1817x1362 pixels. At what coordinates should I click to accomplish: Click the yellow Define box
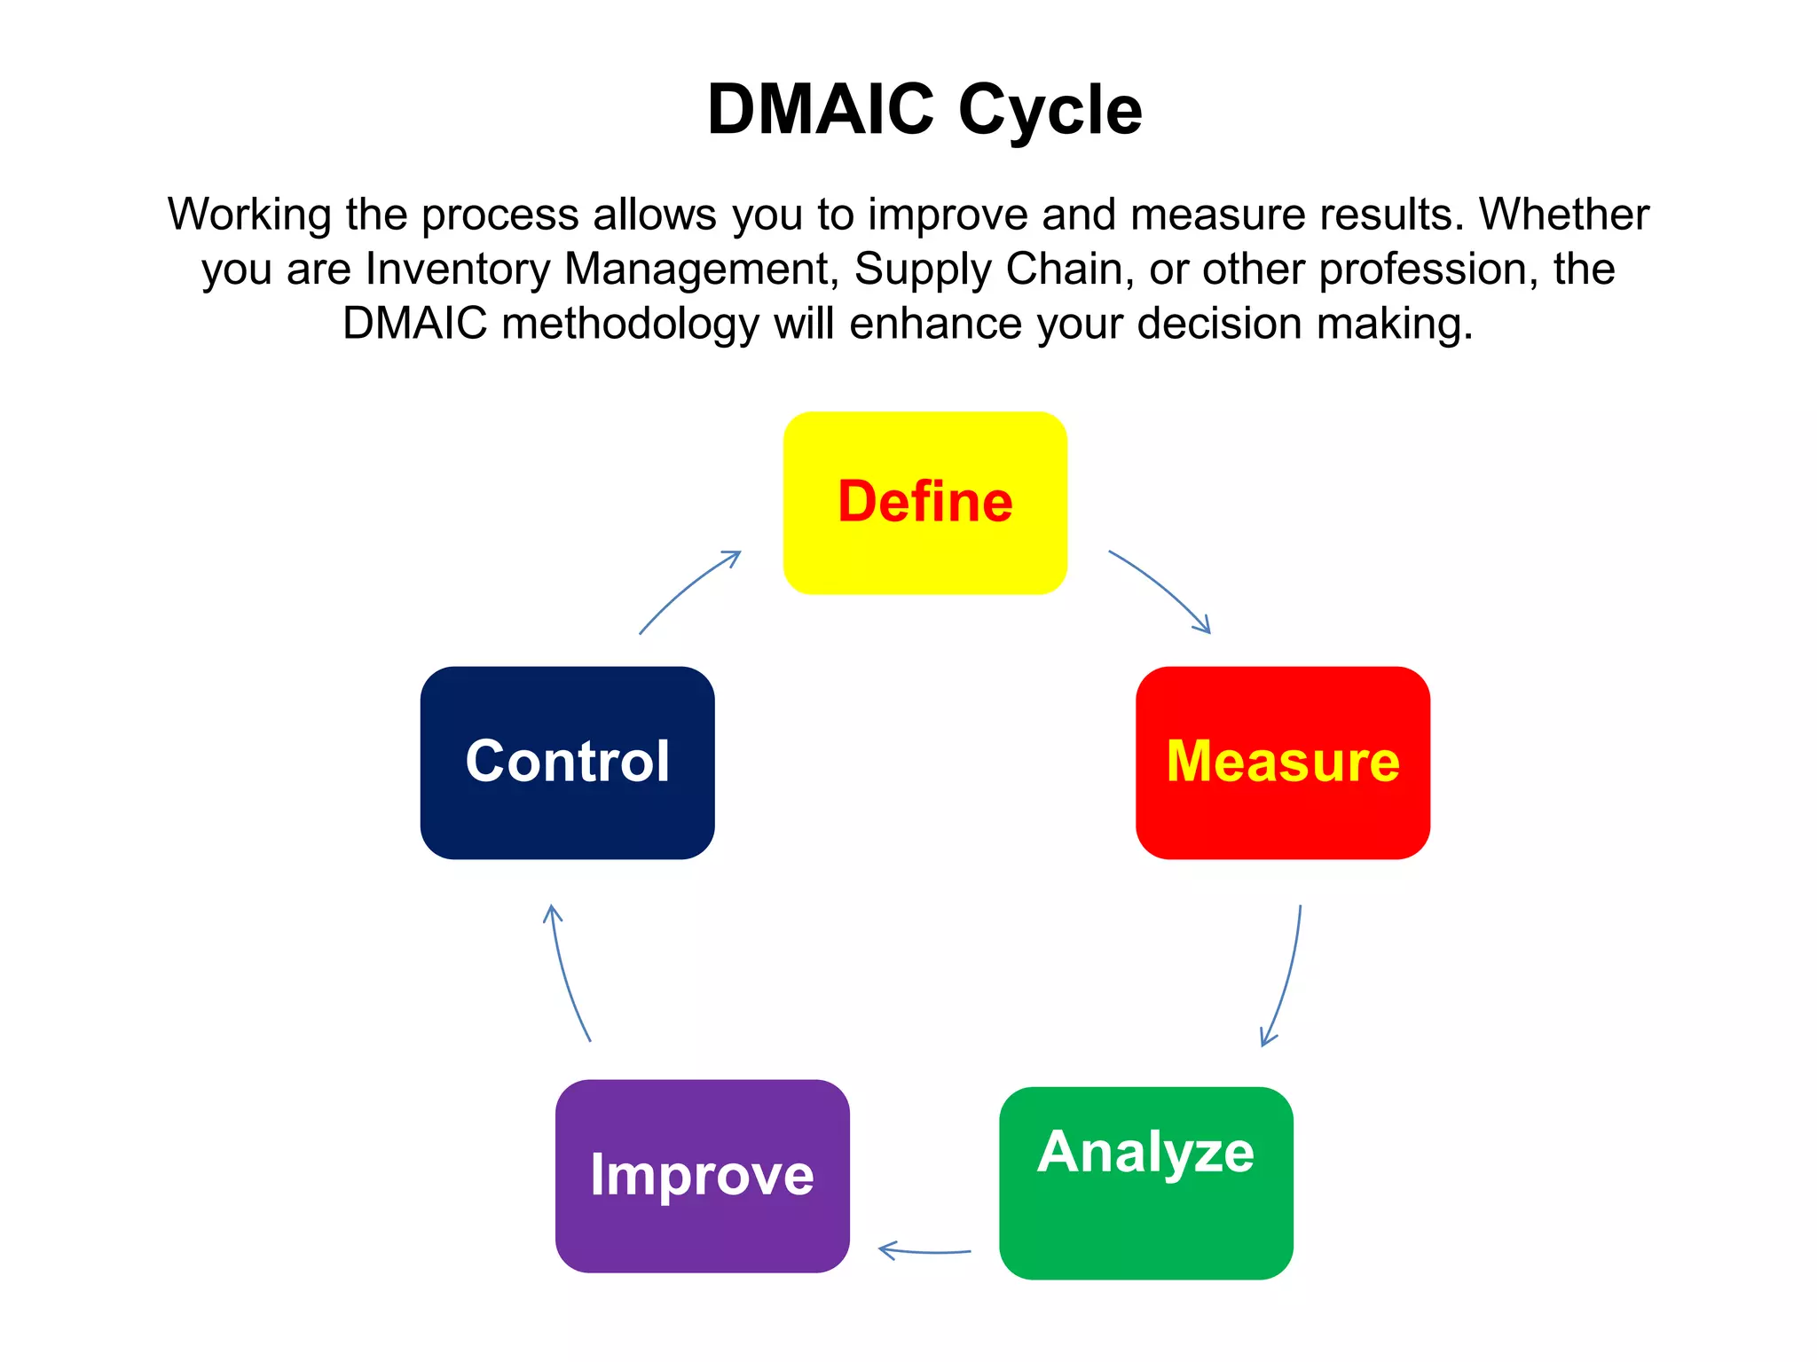[x=924, y=503]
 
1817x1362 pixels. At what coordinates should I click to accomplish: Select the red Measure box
[x=1282, y=763]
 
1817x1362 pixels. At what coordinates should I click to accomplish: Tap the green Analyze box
[x=1145, y=1183]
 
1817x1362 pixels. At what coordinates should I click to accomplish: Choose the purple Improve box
[x=702, y=1176]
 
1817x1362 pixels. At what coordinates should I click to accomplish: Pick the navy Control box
[x=567, y=763]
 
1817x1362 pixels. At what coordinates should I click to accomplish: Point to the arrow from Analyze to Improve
[x=924, y=1251]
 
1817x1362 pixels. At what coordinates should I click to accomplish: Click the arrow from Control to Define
[x=688, y=590]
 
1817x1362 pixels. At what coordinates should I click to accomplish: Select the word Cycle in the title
[x=1050, y=111]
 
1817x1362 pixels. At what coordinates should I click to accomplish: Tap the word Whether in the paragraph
[x=1564, y=214]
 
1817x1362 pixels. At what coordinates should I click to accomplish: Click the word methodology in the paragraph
[x=630, y=325]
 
